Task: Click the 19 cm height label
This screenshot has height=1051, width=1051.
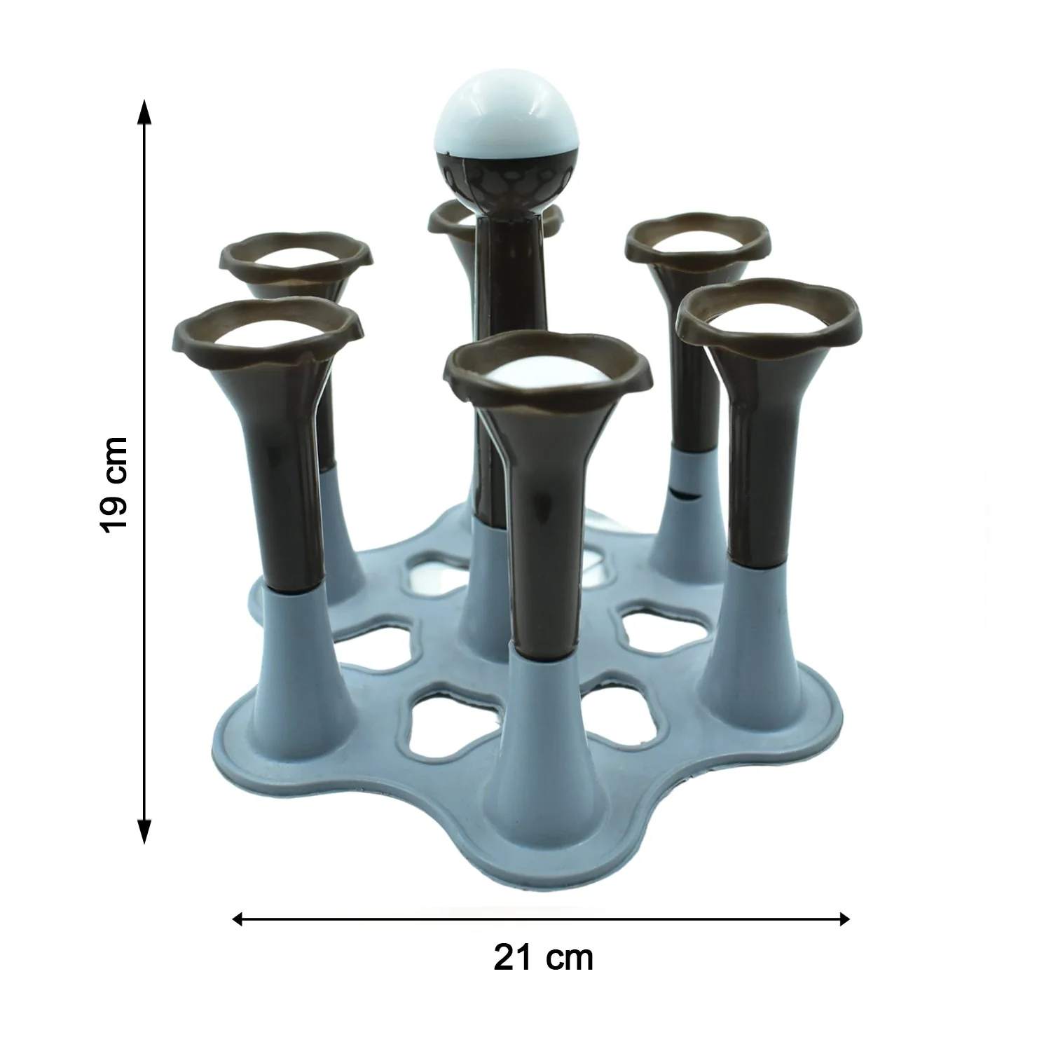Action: pyautogui.click(x=114, y=484)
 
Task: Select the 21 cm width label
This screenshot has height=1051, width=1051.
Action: pyautogui.click(x=543, y=957)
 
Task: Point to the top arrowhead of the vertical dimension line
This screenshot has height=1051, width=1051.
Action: pyautogui.click(x=144, y=111)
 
